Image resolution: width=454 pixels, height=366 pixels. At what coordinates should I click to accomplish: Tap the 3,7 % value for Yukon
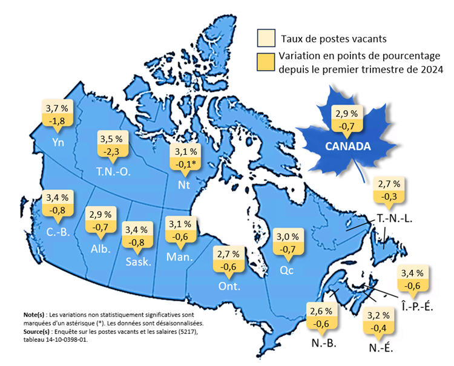tap(57, 108)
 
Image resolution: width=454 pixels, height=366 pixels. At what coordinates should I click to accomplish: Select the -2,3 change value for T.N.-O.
tap(113, 148)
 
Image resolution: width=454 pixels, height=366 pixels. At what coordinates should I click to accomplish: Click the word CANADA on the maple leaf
tap(348, 146)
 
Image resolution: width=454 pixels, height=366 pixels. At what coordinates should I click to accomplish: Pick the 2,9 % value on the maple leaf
tap(347, 113)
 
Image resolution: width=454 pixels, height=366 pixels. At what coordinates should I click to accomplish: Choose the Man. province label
tap(179, 257)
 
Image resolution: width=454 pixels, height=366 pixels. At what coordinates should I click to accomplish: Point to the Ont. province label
tap(229, 286)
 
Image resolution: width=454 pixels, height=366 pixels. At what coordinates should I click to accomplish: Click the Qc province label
tap(286, 270)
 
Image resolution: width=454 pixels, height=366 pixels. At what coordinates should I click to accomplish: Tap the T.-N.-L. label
tap(394, 218)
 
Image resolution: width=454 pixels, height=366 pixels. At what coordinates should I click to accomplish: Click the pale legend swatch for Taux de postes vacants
tap(266, 38)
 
